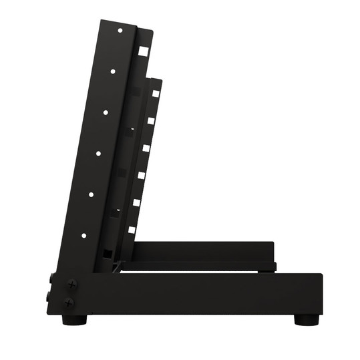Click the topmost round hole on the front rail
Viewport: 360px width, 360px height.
click(x=120, y=30)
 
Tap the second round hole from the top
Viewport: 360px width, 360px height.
click(x=113, y=71)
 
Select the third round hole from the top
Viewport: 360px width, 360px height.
click(x=106, y=112)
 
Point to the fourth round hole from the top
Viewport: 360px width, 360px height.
click(x=98, y=154)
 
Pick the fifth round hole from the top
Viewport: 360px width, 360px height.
click(x=91, y=194)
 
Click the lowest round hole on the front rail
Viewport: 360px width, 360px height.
click(x=83, y=235)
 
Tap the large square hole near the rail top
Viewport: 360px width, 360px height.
click(x=143, y=50)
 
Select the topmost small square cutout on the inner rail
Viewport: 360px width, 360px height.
click(x=155, y=94)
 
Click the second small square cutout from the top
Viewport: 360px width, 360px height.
click(x=151, y=121)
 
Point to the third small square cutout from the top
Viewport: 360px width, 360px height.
click(x=146, y=148)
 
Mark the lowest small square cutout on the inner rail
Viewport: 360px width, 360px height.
click(x=132, y=230)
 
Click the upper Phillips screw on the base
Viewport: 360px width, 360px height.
click(x=71, y=284)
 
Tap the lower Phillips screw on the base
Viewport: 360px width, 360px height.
click(x=69, y=303)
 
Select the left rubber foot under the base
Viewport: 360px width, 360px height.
click(x=74, y=320)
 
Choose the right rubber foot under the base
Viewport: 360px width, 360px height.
click(x=307, y=320)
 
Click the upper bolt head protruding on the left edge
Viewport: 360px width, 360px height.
click(x=51, y=277)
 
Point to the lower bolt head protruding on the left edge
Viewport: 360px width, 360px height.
click(x=49, y=295)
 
